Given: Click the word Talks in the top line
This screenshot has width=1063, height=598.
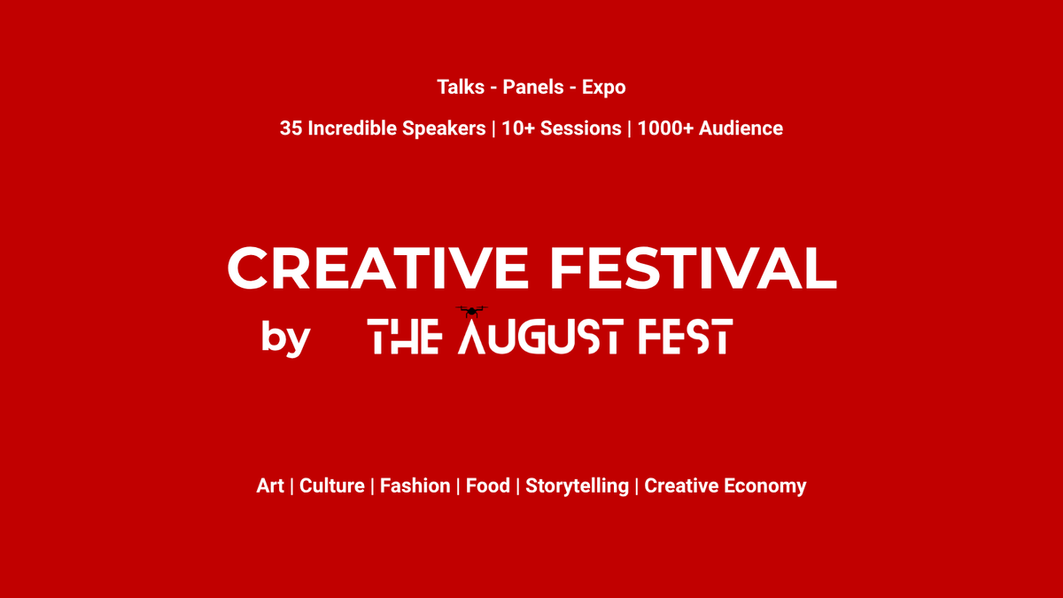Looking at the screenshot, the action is (461, 88).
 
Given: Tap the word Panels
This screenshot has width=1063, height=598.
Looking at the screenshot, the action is (533, 88).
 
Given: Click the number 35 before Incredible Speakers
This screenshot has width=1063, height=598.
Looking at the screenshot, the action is (291, 128).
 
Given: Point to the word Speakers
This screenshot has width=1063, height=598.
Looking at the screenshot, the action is (444, 129).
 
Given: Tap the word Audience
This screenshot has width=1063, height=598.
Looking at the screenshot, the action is (741, 128).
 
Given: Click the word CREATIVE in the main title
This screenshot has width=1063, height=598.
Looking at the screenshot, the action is (377, 268).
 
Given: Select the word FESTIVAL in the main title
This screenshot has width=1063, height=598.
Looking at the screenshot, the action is (694, 268).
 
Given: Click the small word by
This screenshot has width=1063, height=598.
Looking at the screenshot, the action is (285, 338).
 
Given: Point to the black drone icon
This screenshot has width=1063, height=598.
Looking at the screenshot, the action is (471, 311).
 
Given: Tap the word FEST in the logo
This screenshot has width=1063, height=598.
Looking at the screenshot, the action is (686, 336).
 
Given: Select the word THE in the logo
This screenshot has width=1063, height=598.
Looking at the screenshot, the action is (405, 336).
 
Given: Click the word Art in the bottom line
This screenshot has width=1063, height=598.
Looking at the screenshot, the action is (270, 486).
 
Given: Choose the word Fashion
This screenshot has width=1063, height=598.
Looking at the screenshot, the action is (415, 486).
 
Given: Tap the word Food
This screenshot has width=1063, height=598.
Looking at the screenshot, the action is (488, 486).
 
